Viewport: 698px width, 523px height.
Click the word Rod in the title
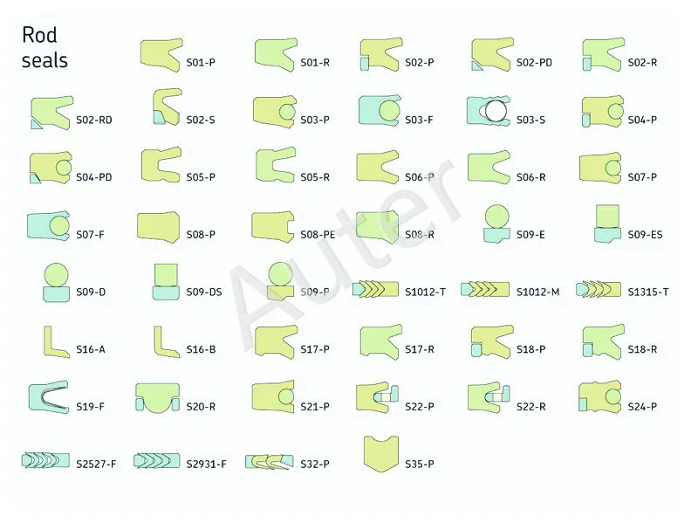coord(39,35)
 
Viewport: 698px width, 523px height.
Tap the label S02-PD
coord(534,62)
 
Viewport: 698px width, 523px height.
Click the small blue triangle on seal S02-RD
coord(36,124)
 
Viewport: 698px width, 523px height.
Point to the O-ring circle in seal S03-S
coord(496,111)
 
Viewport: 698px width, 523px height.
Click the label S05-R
coord(315,177)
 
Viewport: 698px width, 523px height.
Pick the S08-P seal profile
coord(158,227)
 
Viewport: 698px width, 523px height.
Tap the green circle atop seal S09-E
coord(496,217)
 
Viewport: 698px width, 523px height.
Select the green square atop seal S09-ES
coord(607,217)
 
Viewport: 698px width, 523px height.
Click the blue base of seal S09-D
coord(56,294)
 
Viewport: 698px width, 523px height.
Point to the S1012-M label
coord(537,292)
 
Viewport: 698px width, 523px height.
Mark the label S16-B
coord(201,349)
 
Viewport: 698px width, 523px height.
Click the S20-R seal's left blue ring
coord(140,404)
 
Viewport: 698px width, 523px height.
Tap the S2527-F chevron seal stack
coord(45,461)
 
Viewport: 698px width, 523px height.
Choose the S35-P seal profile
coord(381,454)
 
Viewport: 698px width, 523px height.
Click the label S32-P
coord(315,465)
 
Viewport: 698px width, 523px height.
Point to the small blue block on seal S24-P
coord(583,405)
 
